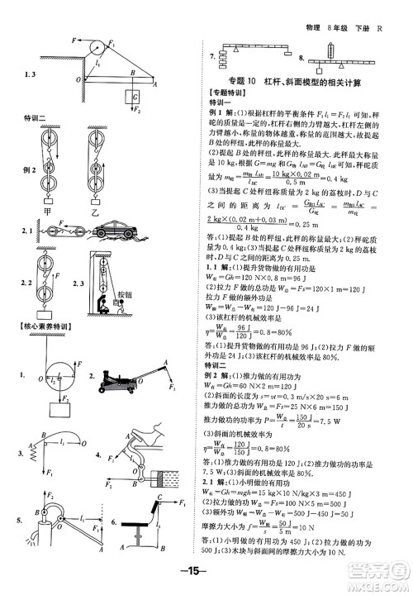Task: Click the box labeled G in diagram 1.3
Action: pos(131,98)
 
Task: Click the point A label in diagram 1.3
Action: pos(156,84)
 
